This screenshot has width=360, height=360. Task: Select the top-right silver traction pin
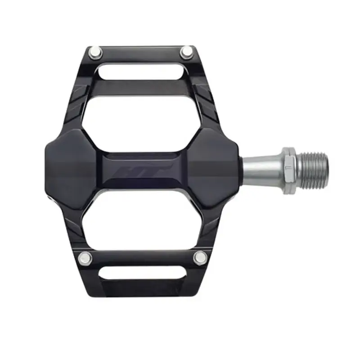coord(186,54)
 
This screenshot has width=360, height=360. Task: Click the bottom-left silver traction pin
coord(84,258)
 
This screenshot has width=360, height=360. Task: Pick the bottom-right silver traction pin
coord(200,257)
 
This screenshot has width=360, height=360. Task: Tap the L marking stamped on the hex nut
coord(287,168)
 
